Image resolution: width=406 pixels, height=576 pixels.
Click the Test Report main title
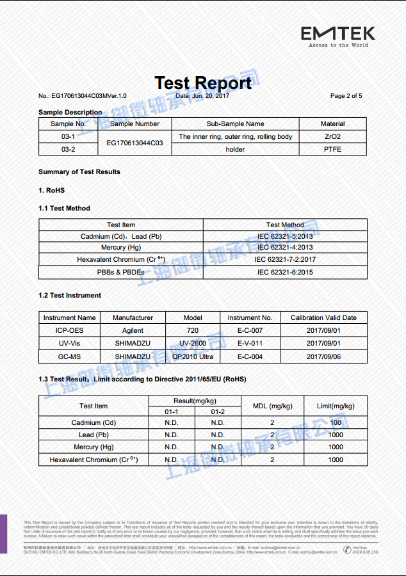203,83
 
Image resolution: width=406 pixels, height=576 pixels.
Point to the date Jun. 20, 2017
202,96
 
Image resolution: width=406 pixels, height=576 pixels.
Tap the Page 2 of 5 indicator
346,96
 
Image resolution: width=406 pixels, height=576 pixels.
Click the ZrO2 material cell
332,136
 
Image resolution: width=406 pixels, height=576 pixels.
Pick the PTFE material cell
332,149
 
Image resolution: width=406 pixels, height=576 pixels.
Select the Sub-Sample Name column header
235,124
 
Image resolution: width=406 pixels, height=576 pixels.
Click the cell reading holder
235,149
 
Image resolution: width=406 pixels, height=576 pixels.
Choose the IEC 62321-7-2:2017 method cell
285,260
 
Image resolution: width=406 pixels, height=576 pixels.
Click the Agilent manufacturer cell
133,331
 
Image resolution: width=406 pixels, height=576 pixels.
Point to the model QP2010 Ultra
193,356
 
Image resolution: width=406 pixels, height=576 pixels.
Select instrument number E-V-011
250,344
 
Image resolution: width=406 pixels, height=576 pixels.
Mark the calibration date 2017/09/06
323,356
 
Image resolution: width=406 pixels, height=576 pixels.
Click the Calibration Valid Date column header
323,317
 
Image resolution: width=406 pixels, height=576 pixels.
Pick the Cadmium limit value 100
336,422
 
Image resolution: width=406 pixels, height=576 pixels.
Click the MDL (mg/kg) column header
272,406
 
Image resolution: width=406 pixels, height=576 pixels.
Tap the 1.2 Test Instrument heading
70,295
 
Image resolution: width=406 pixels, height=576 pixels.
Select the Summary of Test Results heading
79,172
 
